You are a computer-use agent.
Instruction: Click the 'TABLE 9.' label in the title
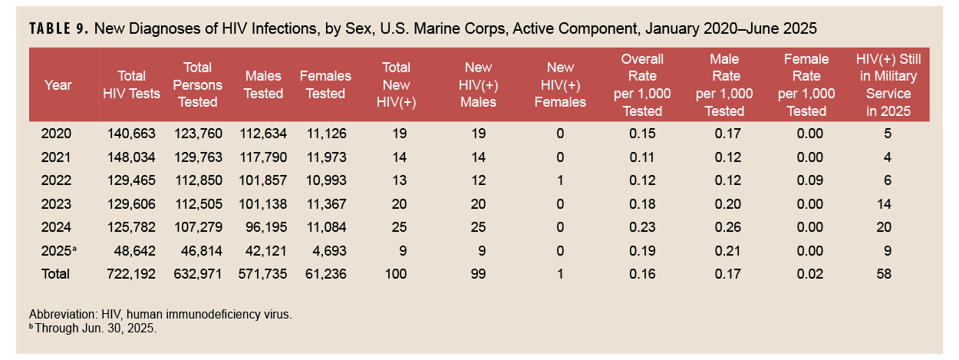61,29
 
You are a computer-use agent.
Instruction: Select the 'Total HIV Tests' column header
132,84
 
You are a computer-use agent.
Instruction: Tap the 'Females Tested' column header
325,84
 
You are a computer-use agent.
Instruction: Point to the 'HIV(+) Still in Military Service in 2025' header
888,84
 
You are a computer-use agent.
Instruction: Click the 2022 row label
56,180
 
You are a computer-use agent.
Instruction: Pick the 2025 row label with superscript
58,250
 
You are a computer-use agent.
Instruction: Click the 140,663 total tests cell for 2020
132,134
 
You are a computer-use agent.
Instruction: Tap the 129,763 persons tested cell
198,157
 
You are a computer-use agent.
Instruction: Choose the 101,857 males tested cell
262,180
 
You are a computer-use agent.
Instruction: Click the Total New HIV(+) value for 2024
398,227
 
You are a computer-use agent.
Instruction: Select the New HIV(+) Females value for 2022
560,180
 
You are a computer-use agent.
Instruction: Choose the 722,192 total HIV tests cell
132,274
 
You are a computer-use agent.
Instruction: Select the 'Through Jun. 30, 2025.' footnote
95,328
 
